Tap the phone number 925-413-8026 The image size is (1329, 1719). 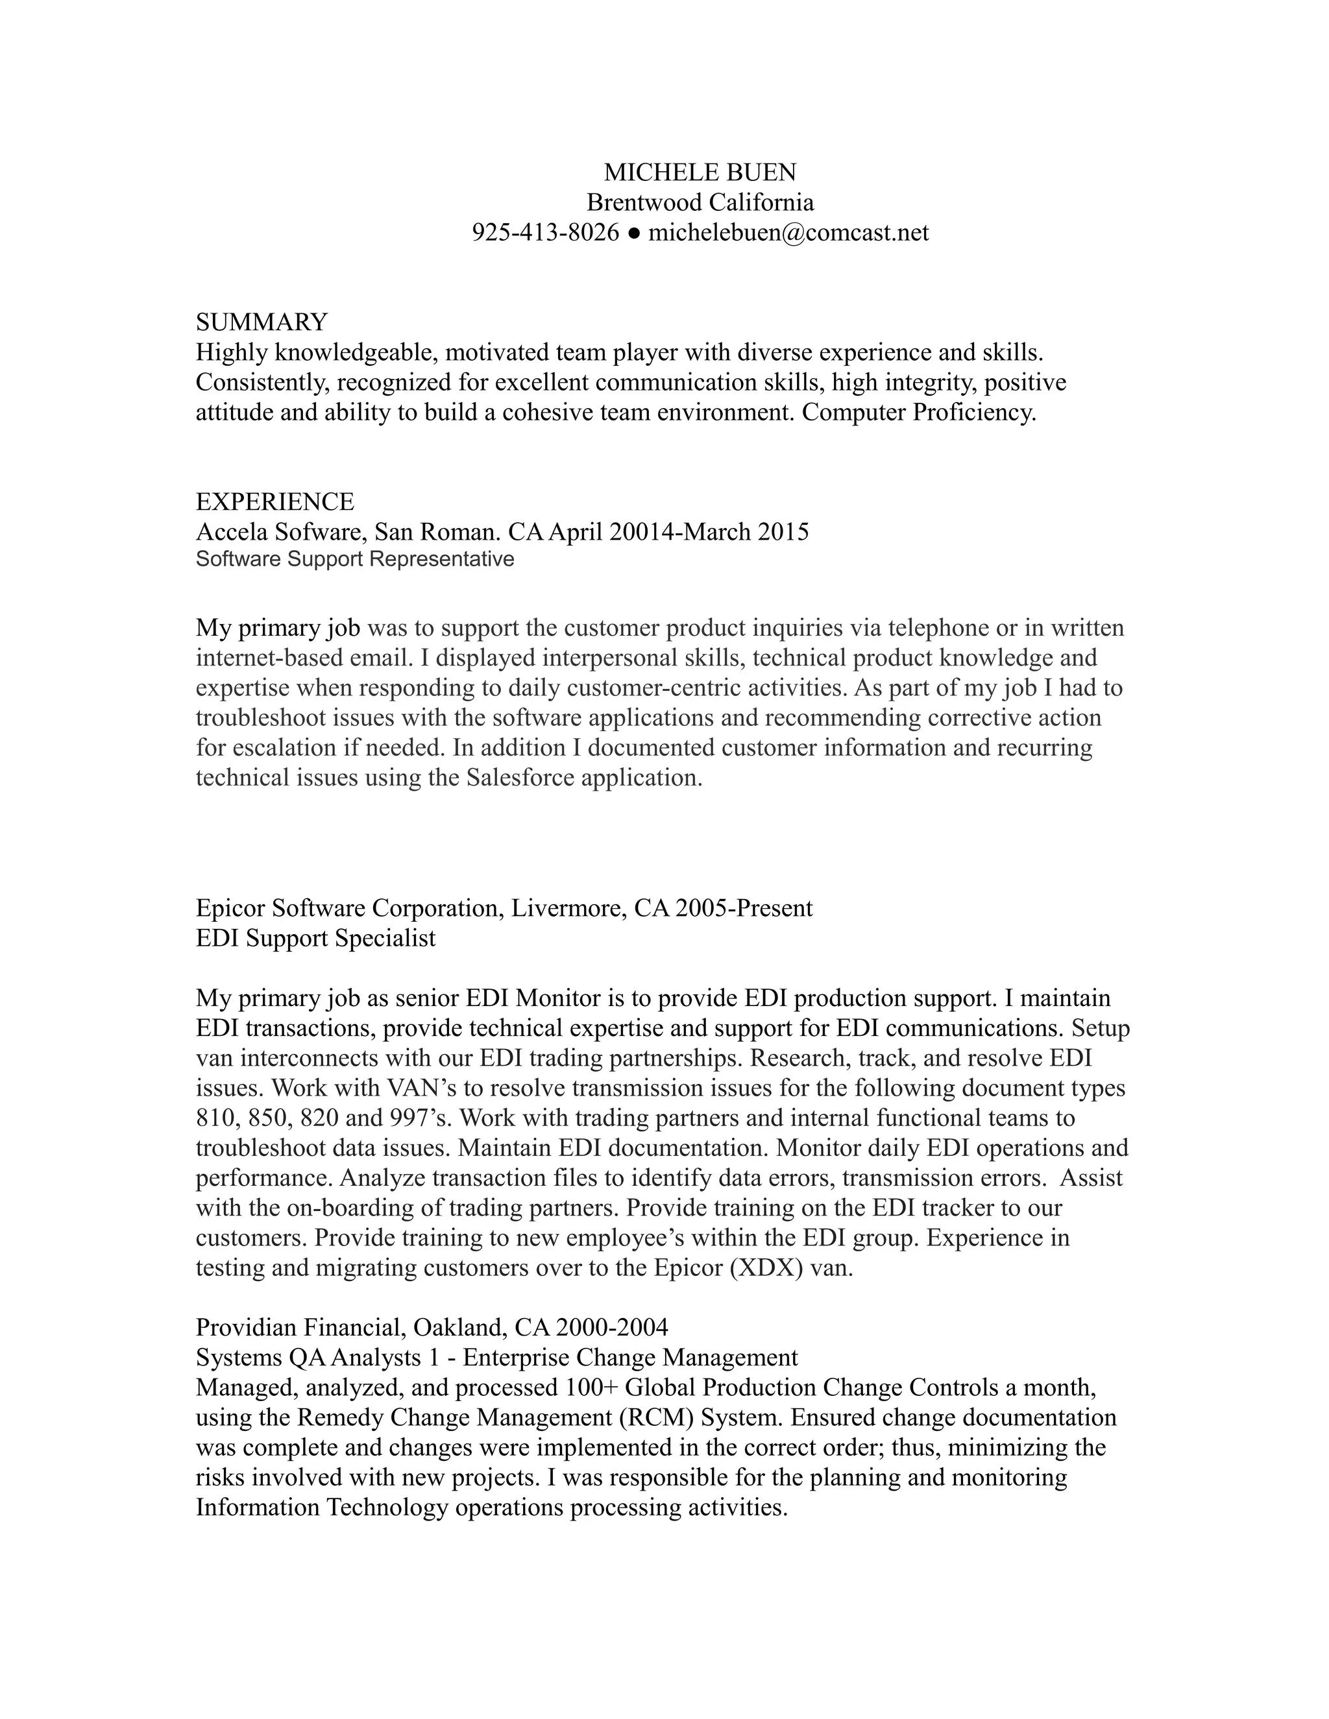tap(545, 232)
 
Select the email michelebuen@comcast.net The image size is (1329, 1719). tap(788, 232)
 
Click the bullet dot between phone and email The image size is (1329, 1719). tap(634, 233)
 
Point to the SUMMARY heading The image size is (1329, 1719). tap(262, 322)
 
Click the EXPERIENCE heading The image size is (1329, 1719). tap(274, 501)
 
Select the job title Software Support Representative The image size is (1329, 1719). tap(354, 560)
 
